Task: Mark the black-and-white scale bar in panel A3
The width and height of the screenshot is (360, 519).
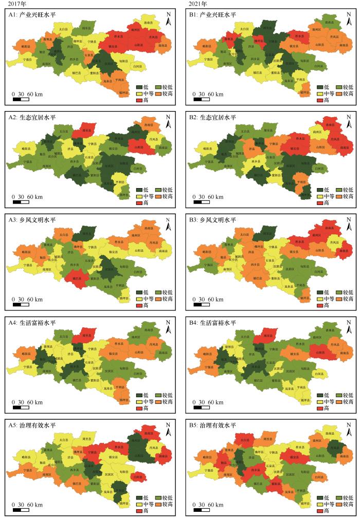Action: (x=21, y=305)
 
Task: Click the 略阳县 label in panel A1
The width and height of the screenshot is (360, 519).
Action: (x=25, y=47)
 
